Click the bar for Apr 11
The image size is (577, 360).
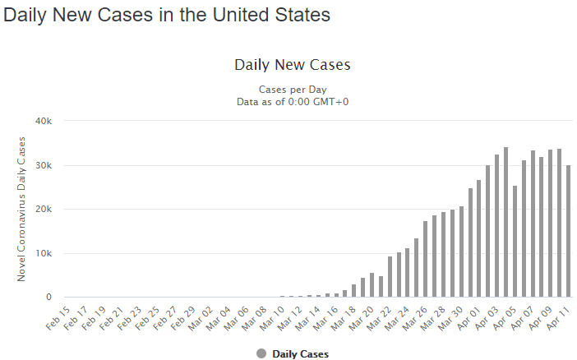click(x=569, y=231)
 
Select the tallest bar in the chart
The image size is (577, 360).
click(x=505, y=222)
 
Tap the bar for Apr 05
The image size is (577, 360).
click(x=515, y=242)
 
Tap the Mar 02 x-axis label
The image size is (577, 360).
click(x=200, y=316)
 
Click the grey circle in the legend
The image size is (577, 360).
click(x=261, y=353)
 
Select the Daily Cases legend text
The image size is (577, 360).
click(x=300, y=354)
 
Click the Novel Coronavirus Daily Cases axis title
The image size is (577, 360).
click(x=22, y=209)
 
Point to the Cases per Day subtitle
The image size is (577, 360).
click(x=293, y=89)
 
